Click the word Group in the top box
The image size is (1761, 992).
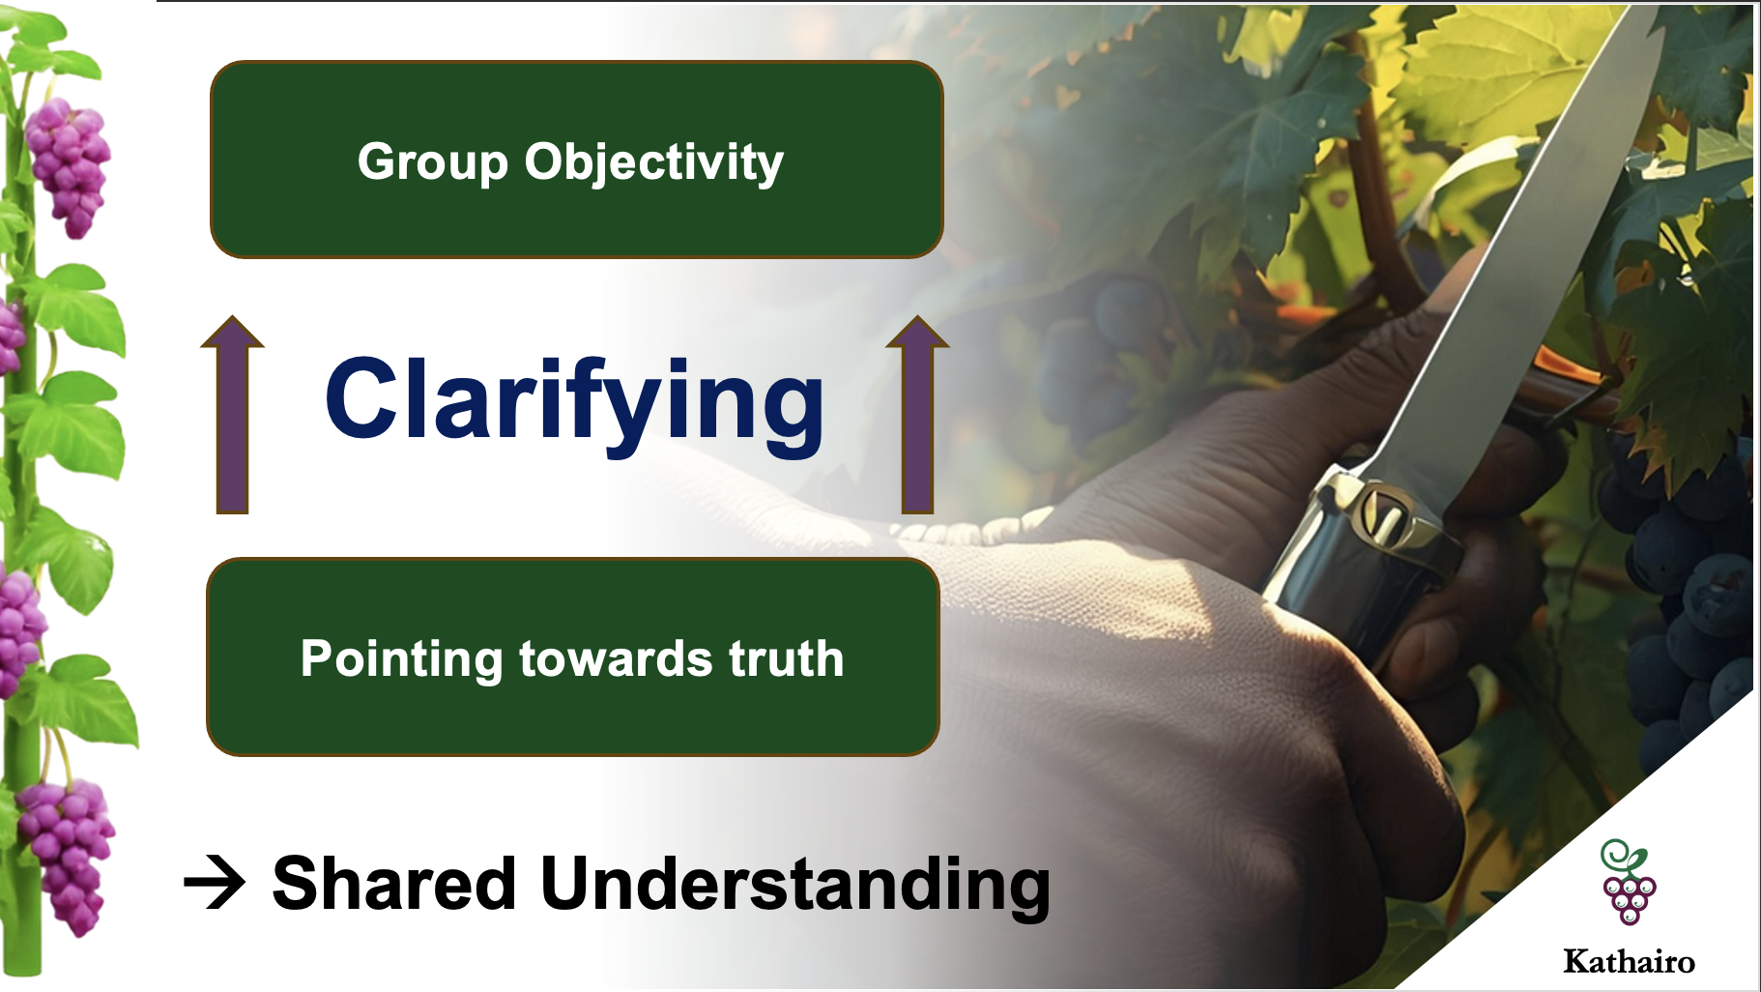tap(432, 161)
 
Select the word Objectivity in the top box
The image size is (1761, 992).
tap(653, 161)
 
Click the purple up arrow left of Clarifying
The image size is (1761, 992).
tap(232, 414)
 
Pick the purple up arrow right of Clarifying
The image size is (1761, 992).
tap(917, 414)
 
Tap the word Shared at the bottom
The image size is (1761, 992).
tap(394, 883)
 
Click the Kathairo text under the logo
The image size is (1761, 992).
tap(1629, 961)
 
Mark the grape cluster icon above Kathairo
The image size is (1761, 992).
tap(1629, 882)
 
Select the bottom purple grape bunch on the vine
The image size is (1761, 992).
tap(66, 856)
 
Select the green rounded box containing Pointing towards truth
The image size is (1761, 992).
tap(573, 657)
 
